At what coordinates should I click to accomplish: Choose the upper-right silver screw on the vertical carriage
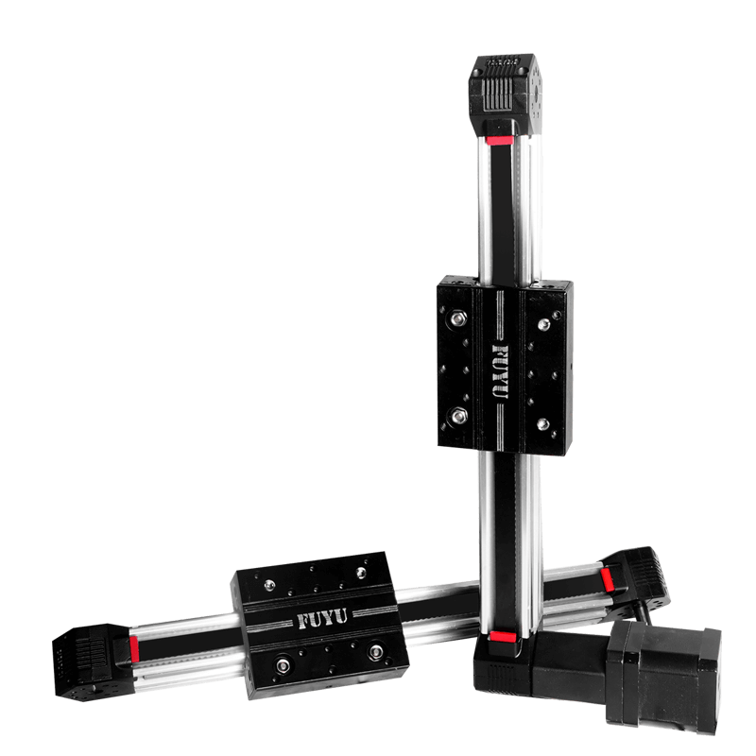(x=543, y=324)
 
